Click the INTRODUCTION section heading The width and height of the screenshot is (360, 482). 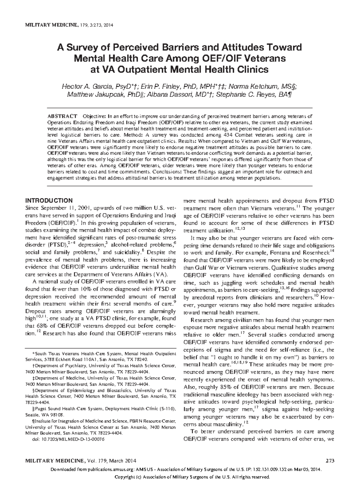pyautogui.click(x=49, y=200)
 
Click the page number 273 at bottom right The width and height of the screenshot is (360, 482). pyautogui.click(x=329, y=461)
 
